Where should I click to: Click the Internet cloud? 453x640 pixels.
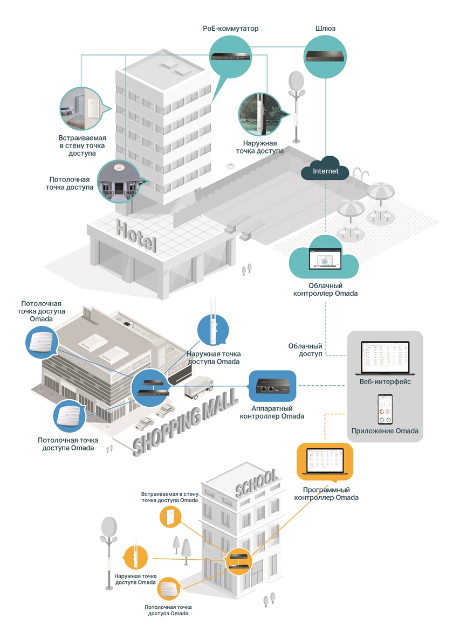point(326,170)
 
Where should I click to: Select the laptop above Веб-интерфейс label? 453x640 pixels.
point(385,357)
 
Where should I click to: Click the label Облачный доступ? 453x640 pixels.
point(305,350)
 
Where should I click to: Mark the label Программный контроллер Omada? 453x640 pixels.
point(326,493)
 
